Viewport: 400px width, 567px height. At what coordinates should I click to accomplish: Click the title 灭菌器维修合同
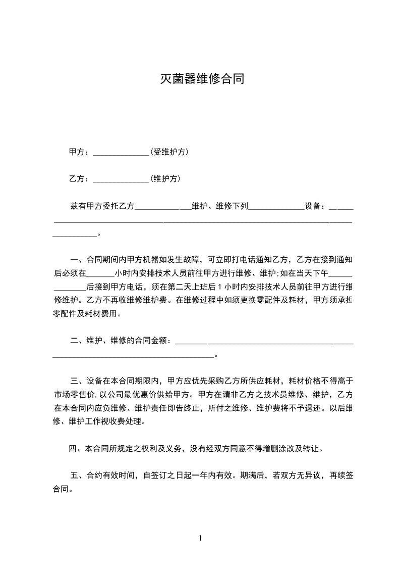[x=202, y=79]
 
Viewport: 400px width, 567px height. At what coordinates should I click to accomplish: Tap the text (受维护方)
[x=169, y=152]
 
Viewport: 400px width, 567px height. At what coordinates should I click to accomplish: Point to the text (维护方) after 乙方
[x=165, y=179]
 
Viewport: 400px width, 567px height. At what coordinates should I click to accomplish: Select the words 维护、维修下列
[x=220, y=206]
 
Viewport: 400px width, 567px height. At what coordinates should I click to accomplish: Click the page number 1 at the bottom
[x=200, y=538]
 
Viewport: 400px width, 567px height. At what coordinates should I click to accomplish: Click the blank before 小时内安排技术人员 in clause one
[x=100, y=274]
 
